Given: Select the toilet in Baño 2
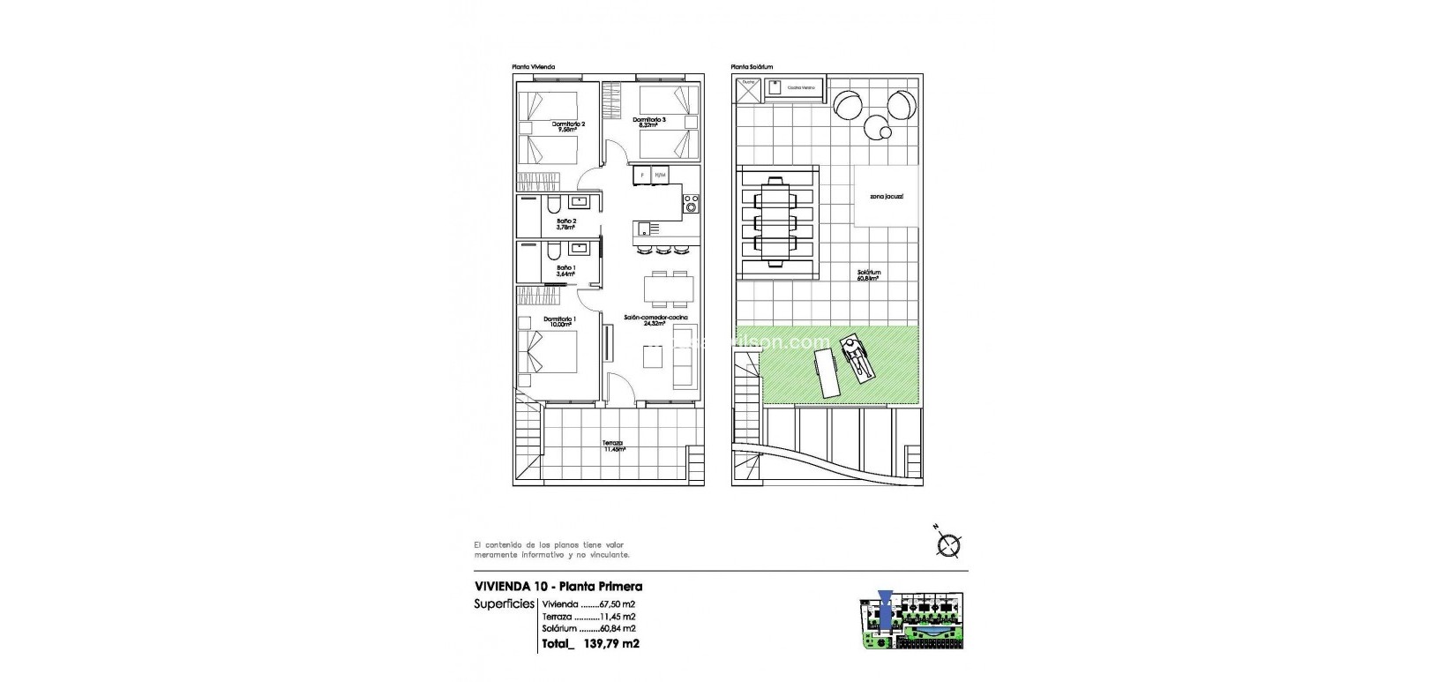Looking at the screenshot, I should [552, 206].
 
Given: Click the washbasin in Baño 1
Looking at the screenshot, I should [578, 248].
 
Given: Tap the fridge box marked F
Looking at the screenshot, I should [642, 176].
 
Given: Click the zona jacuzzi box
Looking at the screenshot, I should [885, 198].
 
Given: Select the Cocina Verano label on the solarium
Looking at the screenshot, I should [800, 88].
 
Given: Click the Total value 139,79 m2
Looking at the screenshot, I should [610, 644].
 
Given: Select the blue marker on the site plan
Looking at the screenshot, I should [887, 610].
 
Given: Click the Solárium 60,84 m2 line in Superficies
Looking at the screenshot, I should [588, 628].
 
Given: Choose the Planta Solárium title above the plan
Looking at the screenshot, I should [752, 67].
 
